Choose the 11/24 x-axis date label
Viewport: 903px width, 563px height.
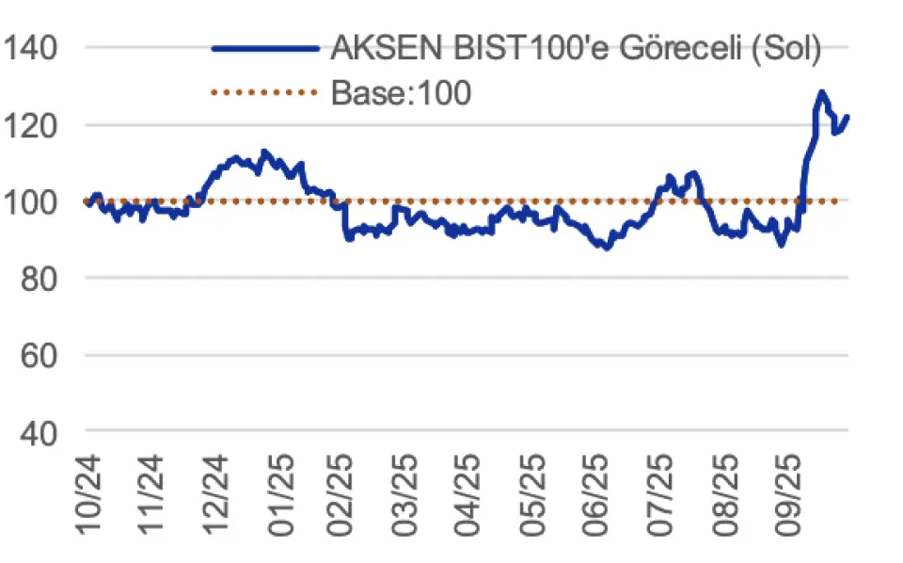(x=153, y=494)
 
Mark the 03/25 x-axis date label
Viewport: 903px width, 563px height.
(x=406, y=494)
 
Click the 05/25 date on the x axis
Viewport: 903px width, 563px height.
(x=533, y=494)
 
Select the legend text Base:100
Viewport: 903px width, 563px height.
(x=401, y=92)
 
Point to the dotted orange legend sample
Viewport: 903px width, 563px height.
(x=265, y=92)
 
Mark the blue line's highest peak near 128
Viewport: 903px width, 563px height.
(x=821, y=92)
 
